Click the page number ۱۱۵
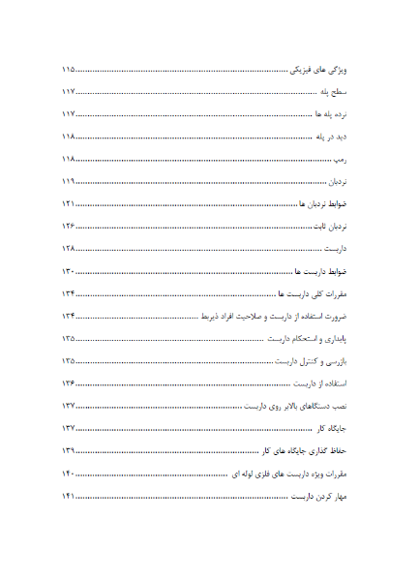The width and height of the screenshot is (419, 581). [69, 70]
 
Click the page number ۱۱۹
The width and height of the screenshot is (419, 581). [69, 182]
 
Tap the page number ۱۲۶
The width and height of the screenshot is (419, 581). [69, 227]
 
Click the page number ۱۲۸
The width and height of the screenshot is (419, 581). [69, 250]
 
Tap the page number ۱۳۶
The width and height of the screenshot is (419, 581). [69, 383]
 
